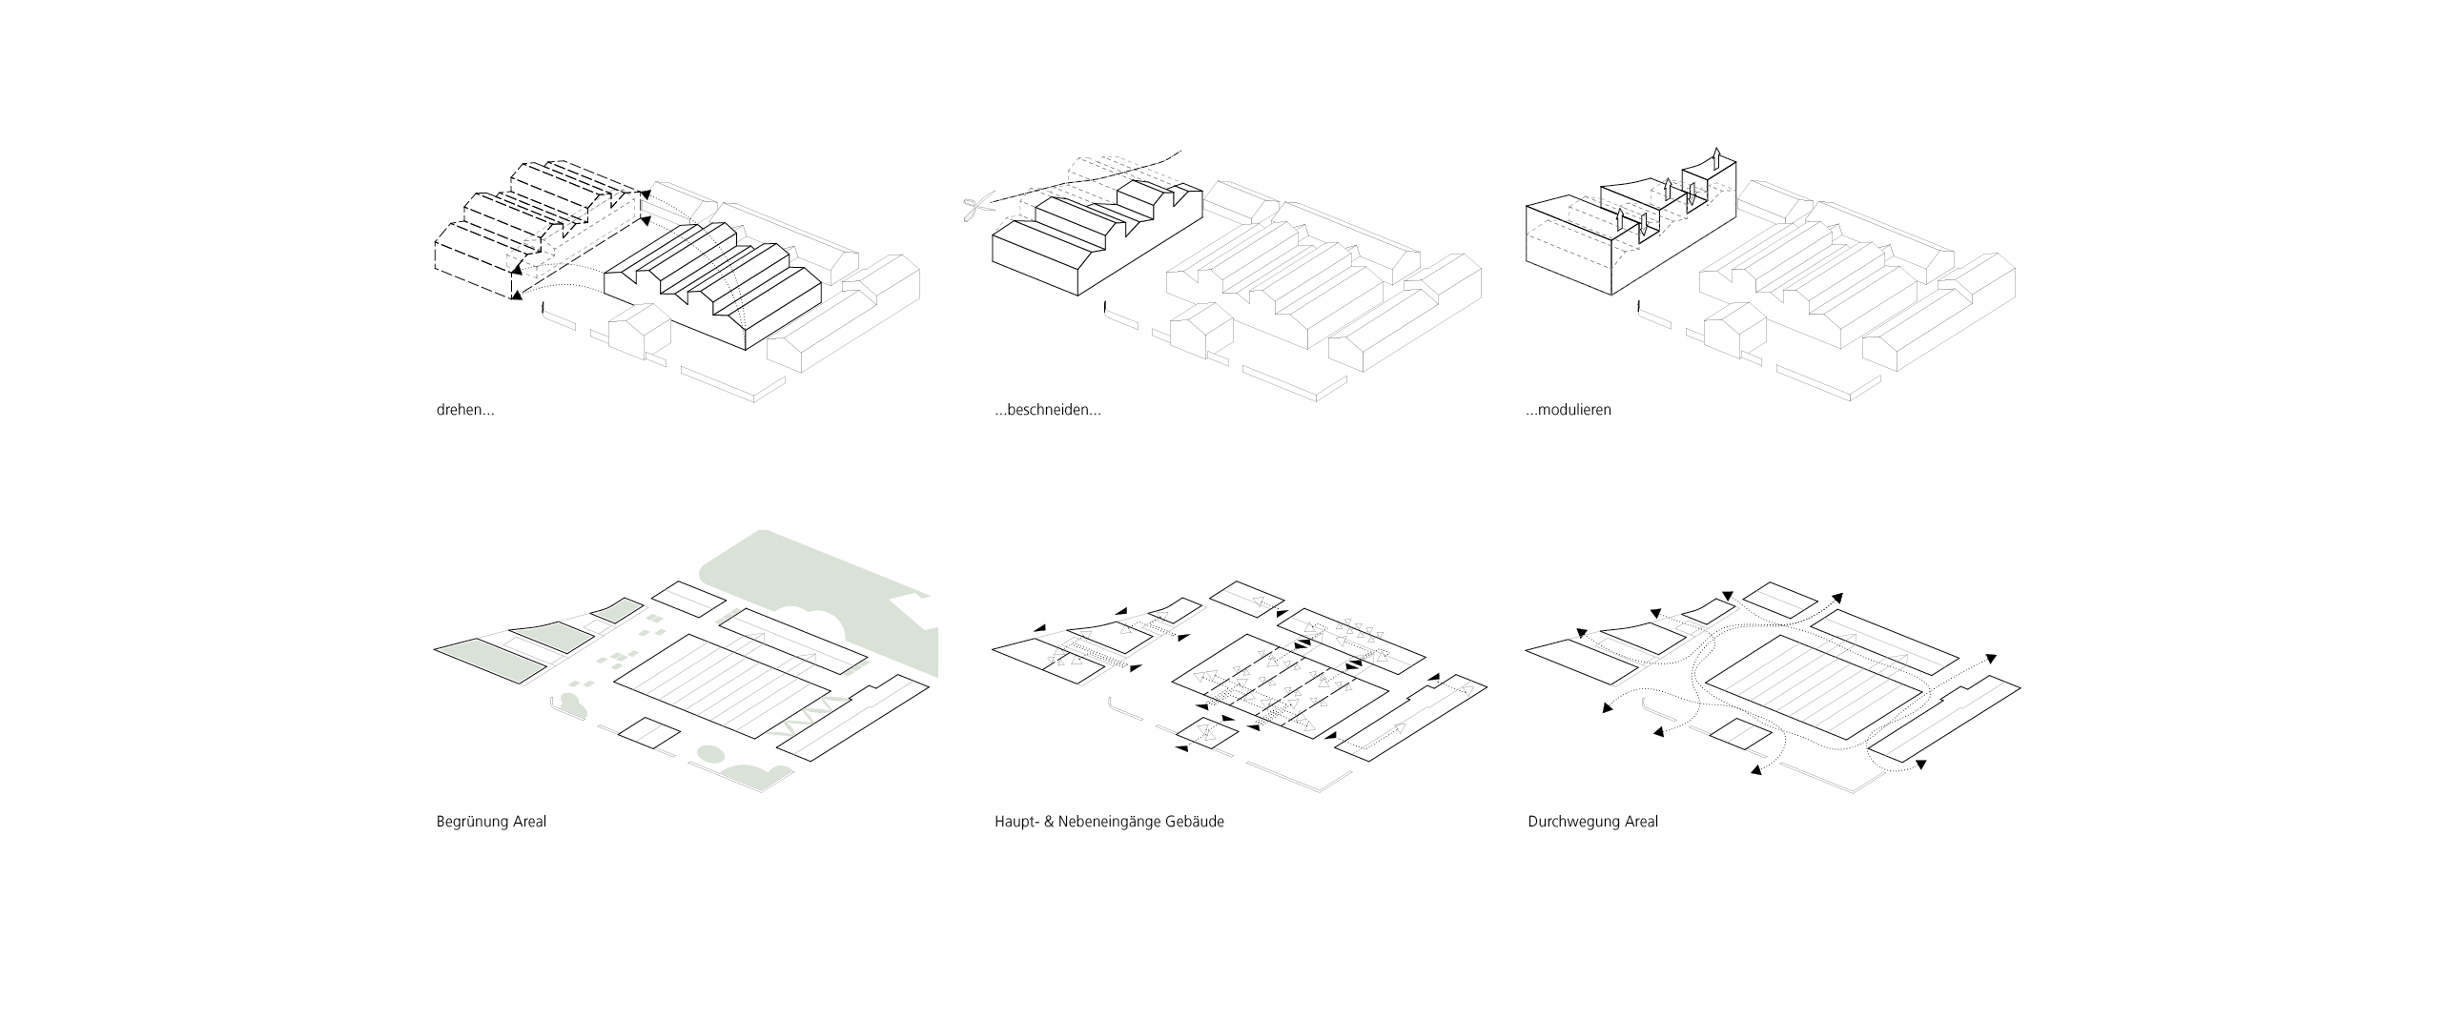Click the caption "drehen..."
pyautogui.click(x=464, y=411)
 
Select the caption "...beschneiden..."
pyautogui.click(x=1047, y=411)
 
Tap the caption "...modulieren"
pyautogui.click(x=1569, y=411)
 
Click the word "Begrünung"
pyautogui.click(x=470, y=822)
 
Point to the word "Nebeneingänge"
pyautogui.click(x=1109, y=822)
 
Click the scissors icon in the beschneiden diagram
pyautogui.click(x=975, y=209)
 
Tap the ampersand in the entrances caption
pyautogui.click(x=1049, y=822)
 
